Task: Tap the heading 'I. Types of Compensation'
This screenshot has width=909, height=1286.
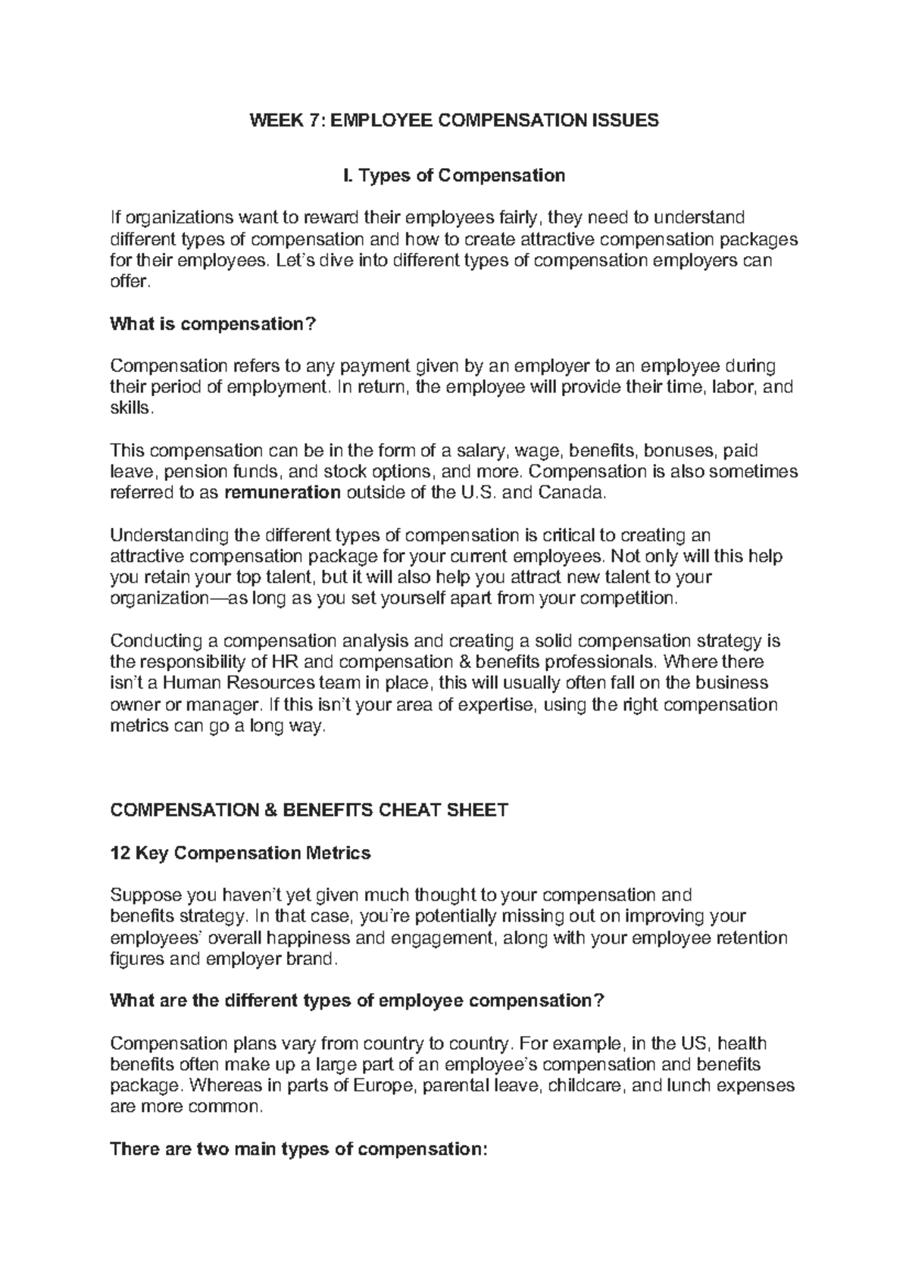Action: pyautogui.click(x=454, y=176)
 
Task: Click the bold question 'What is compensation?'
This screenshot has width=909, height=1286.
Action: pyautogui.click(x=212, y=324)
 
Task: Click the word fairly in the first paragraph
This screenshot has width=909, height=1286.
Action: pyautogui.click(x=516, y=219)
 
